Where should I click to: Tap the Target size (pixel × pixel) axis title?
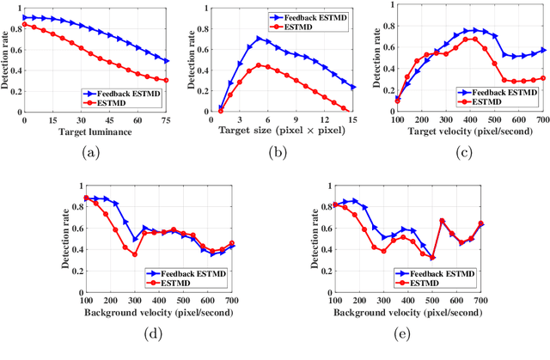(278, 131)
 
